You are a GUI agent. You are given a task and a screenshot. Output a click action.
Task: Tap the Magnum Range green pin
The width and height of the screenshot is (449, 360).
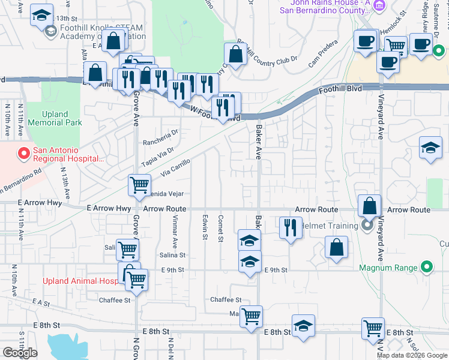coord(427,267)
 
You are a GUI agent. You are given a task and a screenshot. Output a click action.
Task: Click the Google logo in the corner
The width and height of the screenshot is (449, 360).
coord(20,353)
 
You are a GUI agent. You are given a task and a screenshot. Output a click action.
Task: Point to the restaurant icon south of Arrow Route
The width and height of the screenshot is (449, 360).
coord(291,228)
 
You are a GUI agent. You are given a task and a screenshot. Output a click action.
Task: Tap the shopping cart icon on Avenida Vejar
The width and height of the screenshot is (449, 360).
coord(139,185)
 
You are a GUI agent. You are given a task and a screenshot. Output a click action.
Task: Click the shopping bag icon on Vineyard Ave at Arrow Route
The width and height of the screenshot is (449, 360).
coord(369,206)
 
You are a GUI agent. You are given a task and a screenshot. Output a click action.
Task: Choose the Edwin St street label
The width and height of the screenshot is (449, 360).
coord(205,227)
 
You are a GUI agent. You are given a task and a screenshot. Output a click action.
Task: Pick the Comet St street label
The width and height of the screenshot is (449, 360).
coord(221,227)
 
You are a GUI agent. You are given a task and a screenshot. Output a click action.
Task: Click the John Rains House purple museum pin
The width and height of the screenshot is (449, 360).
coord(379,7)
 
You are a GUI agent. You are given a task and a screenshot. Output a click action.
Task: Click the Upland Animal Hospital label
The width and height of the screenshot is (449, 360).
coord(81,281)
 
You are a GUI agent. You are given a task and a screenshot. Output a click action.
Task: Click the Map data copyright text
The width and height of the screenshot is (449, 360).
coord(412,355)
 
